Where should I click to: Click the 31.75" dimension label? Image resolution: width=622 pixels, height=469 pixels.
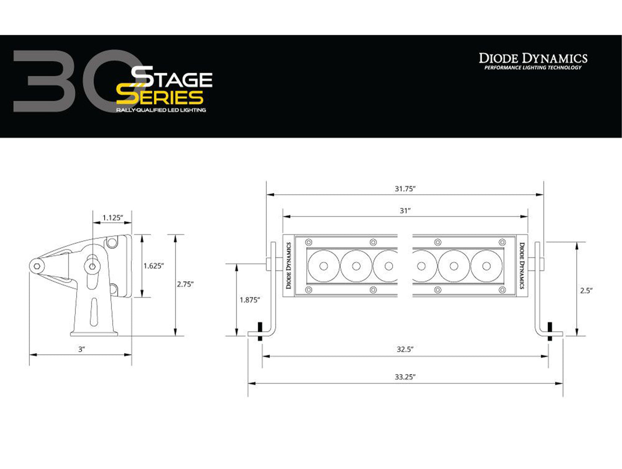point(405,189)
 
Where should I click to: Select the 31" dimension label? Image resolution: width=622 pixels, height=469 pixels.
point(405,211)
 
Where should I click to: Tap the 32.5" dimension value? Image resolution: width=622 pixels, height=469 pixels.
point(405,349)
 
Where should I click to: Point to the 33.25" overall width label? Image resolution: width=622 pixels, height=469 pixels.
point(405,377)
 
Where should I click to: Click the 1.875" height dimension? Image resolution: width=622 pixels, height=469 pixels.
point(250,300)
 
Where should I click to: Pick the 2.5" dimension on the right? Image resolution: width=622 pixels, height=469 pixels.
point(586,291)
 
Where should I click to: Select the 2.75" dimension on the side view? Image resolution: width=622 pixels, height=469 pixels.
point(185,284)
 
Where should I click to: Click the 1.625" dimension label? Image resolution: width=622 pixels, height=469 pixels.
point(154,266)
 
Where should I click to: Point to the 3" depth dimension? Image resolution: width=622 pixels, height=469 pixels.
point(81,349)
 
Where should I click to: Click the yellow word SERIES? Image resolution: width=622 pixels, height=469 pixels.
point(160,97)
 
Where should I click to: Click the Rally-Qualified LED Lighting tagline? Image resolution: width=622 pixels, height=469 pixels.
point(161,110)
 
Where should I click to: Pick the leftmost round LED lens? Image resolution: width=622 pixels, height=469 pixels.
point(324,266)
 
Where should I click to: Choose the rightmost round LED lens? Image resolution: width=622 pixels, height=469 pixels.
point(486,266)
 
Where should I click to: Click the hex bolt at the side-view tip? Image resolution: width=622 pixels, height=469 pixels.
point(37,266)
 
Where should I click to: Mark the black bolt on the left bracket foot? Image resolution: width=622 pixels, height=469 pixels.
point(260,332)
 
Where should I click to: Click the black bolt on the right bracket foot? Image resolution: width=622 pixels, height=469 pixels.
point(550,332)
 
